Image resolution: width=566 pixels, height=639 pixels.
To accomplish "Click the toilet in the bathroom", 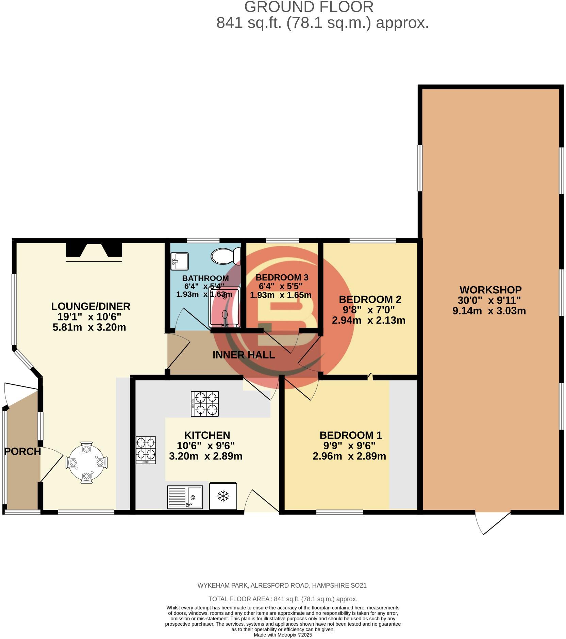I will coord(226,256).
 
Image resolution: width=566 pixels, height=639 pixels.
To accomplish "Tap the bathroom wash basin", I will coord(180,261).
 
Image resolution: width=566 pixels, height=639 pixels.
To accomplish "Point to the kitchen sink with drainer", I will coord(185,497).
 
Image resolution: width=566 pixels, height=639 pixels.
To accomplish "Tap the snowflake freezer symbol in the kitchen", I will coord(223,496).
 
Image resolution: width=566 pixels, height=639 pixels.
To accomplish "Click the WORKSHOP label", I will coord(490,290).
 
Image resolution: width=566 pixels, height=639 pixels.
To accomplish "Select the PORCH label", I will coord(22,452).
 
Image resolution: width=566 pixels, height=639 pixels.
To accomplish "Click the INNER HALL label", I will coord(244,355).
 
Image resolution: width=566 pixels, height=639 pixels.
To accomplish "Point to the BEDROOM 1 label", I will coord(350,435).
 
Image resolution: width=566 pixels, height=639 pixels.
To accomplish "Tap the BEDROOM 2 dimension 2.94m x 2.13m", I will coord(368,320).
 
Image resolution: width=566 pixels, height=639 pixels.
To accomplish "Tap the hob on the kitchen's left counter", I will coord(146,450).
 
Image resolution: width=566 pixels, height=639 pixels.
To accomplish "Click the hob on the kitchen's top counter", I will coord(204,404).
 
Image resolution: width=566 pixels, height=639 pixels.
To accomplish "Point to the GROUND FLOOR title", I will coord(309,7).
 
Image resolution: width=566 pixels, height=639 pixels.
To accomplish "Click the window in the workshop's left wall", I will coord(420,168).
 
